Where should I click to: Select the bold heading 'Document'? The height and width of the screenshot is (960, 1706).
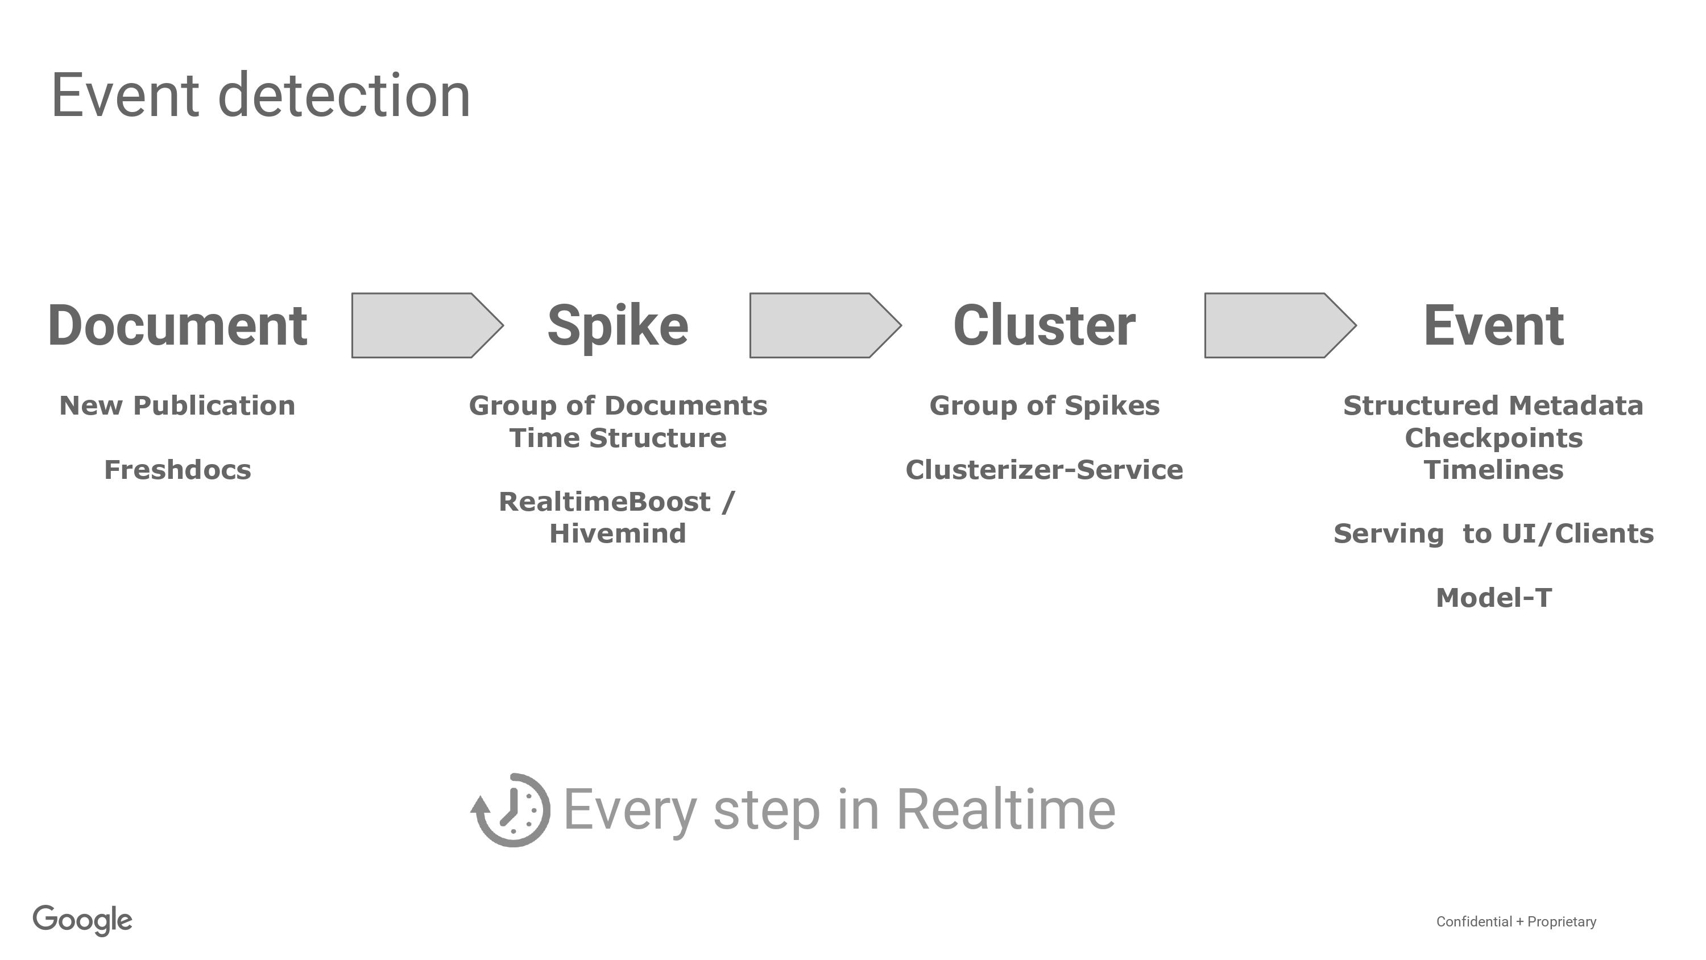[177, 325]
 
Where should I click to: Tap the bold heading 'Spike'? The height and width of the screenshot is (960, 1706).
[618, 325]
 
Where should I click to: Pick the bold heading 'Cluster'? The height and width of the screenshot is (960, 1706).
[1045, 325]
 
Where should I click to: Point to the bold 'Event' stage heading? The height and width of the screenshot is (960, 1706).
[1493, 325]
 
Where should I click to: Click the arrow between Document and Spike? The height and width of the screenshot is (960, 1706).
[428, 325]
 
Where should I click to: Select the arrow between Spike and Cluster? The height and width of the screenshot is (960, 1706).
[826, 325]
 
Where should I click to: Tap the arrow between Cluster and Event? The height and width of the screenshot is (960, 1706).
[1281, 325]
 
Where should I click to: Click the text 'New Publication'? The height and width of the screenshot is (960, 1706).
[177, 405]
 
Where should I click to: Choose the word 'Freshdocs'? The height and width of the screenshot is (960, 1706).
[177, 470]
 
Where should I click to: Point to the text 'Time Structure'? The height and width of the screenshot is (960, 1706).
[618, 438]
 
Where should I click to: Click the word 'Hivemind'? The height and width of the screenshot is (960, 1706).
[618, 533]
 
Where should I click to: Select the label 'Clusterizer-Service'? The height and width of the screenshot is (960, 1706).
[1045, 470]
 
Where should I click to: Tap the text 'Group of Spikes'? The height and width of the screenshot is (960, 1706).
[1045, 405]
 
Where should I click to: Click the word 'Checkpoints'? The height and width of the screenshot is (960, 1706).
[1493, 438]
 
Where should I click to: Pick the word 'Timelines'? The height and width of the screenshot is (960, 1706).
[1493, 470]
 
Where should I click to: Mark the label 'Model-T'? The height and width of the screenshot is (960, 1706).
[1493, 598]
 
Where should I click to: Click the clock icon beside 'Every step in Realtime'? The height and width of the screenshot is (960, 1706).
[510, 810]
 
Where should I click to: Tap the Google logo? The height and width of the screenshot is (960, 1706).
[83, 920]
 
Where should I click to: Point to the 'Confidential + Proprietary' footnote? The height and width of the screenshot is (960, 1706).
[1516, 921]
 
